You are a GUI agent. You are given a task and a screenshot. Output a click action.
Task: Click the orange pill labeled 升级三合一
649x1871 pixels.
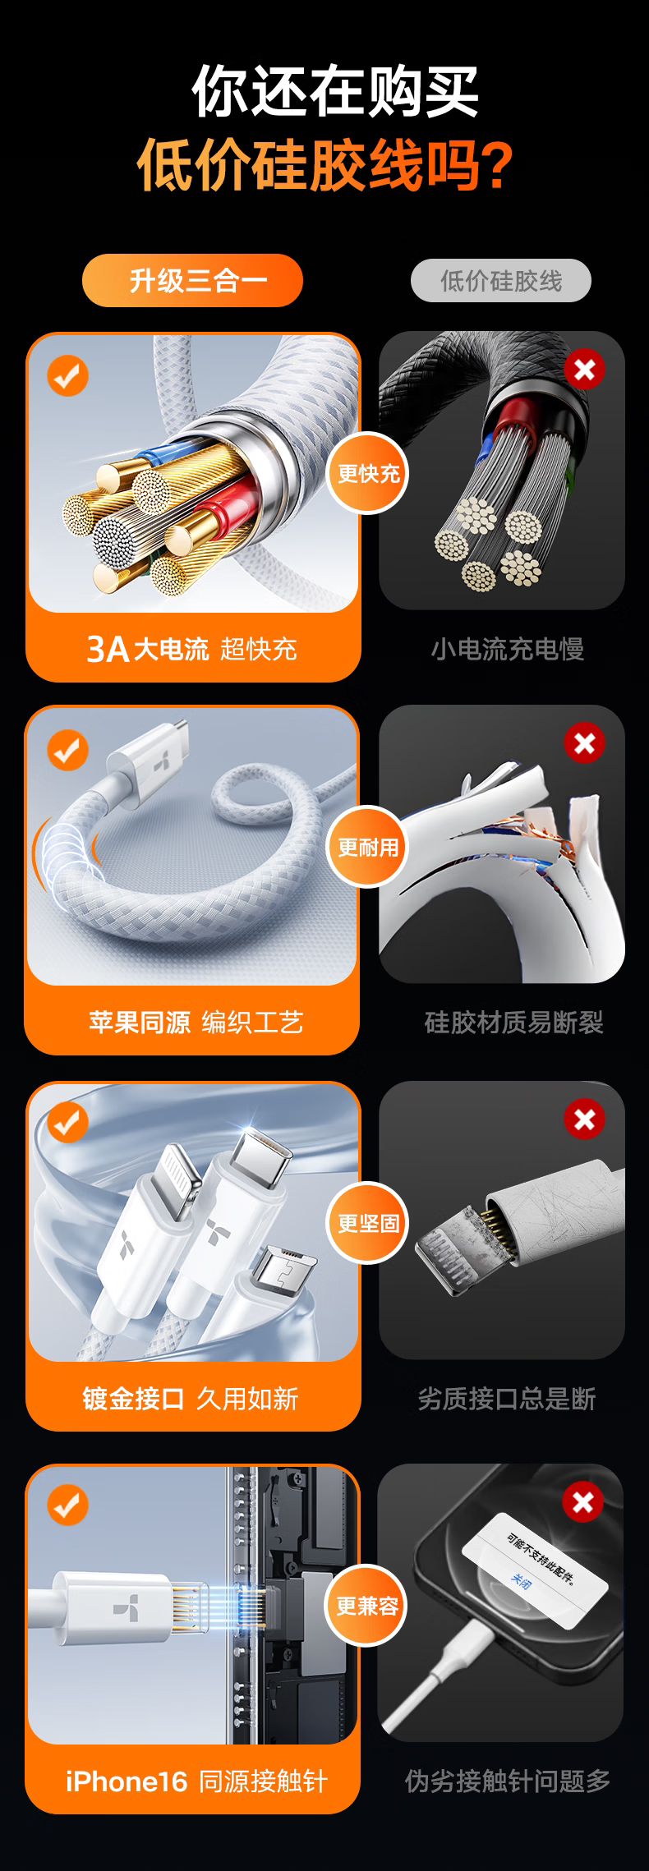pyautogui.click(x=192, y=280)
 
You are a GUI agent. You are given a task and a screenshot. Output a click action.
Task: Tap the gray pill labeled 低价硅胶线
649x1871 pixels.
pyautogui.click(x=501, y=281)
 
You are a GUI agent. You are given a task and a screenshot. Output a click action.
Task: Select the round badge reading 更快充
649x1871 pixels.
pyautogui.click(x=368, y=473)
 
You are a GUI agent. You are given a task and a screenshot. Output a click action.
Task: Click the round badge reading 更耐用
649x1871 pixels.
pyautogui.click(x=368, y=847)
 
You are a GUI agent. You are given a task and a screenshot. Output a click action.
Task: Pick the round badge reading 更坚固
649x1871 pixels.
pyautogui.click(x=368, y=1223)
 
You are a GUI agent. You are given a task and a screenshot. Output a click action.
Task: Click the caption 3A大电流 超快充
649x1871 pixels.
pyautogui.click(x=191, y=649)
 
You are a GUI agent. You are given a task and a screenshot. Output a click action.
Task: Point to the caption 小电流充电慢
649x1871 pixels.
pyautogui.click(x=507, y=649)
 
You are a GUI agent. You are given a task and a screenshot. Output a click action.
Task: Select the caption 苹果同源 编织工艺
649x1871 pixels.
pyautogui.click(x=196, y=1023)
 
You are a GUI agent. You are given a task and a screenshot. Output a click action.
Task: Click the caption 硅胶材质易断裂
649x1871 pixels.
pyautogui.click(x=513, y=1023)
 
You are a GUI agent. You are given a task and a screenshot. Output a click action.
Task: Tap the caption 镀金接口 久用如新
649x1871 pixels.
pyautogui.click(x=191, y=1398)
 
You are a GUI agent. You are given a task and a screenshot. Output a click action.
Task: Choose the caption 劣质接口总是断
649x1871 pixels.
pyautogui.click(x=507, y=1398)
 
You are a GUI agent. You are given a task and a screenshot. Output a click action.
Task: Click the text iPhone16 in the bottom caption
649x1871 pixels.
pyautogui.click(x=127, y=1781)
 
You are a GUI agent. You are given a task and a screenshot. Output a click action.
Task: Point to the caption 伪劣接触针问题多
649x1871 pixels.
pyautogui.click(x=508, y=1781)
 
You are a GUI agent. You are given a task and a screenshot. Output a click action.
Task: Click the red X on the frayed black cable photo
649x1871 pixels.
pyautogui.click(x=584, y=370)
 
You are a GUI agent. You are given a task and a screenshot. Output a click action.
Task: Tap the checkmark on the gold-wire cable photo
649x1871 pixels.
pyautogui.click(x=67, y=375)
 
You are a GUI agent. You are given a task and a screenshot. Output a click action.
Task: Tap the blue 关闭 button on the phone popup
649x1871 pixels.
pyautogui.click(x=522, y=1579)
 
